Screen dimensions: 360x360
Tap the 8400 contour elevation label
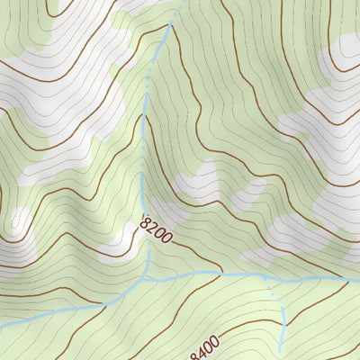203,344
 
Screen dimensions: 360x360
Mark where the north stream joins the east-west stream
144,278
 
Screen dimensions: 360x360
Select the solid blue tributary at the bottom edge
281,353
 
